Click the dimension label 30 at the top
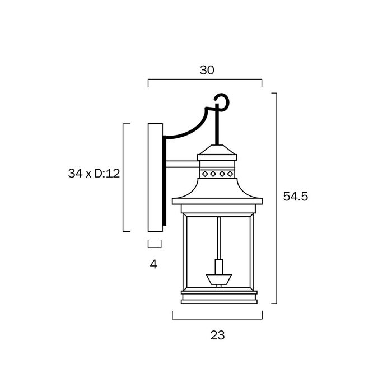207,70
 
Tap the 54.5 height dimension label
295,196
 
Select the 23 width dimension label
217,335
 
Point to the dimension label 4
153,264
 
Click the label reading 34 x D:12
94,173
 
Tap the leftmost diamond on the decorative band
205,174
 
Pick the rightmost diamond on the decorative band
230,174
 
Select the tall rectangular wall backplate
155,178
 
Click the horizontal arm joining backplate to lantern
183,164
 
